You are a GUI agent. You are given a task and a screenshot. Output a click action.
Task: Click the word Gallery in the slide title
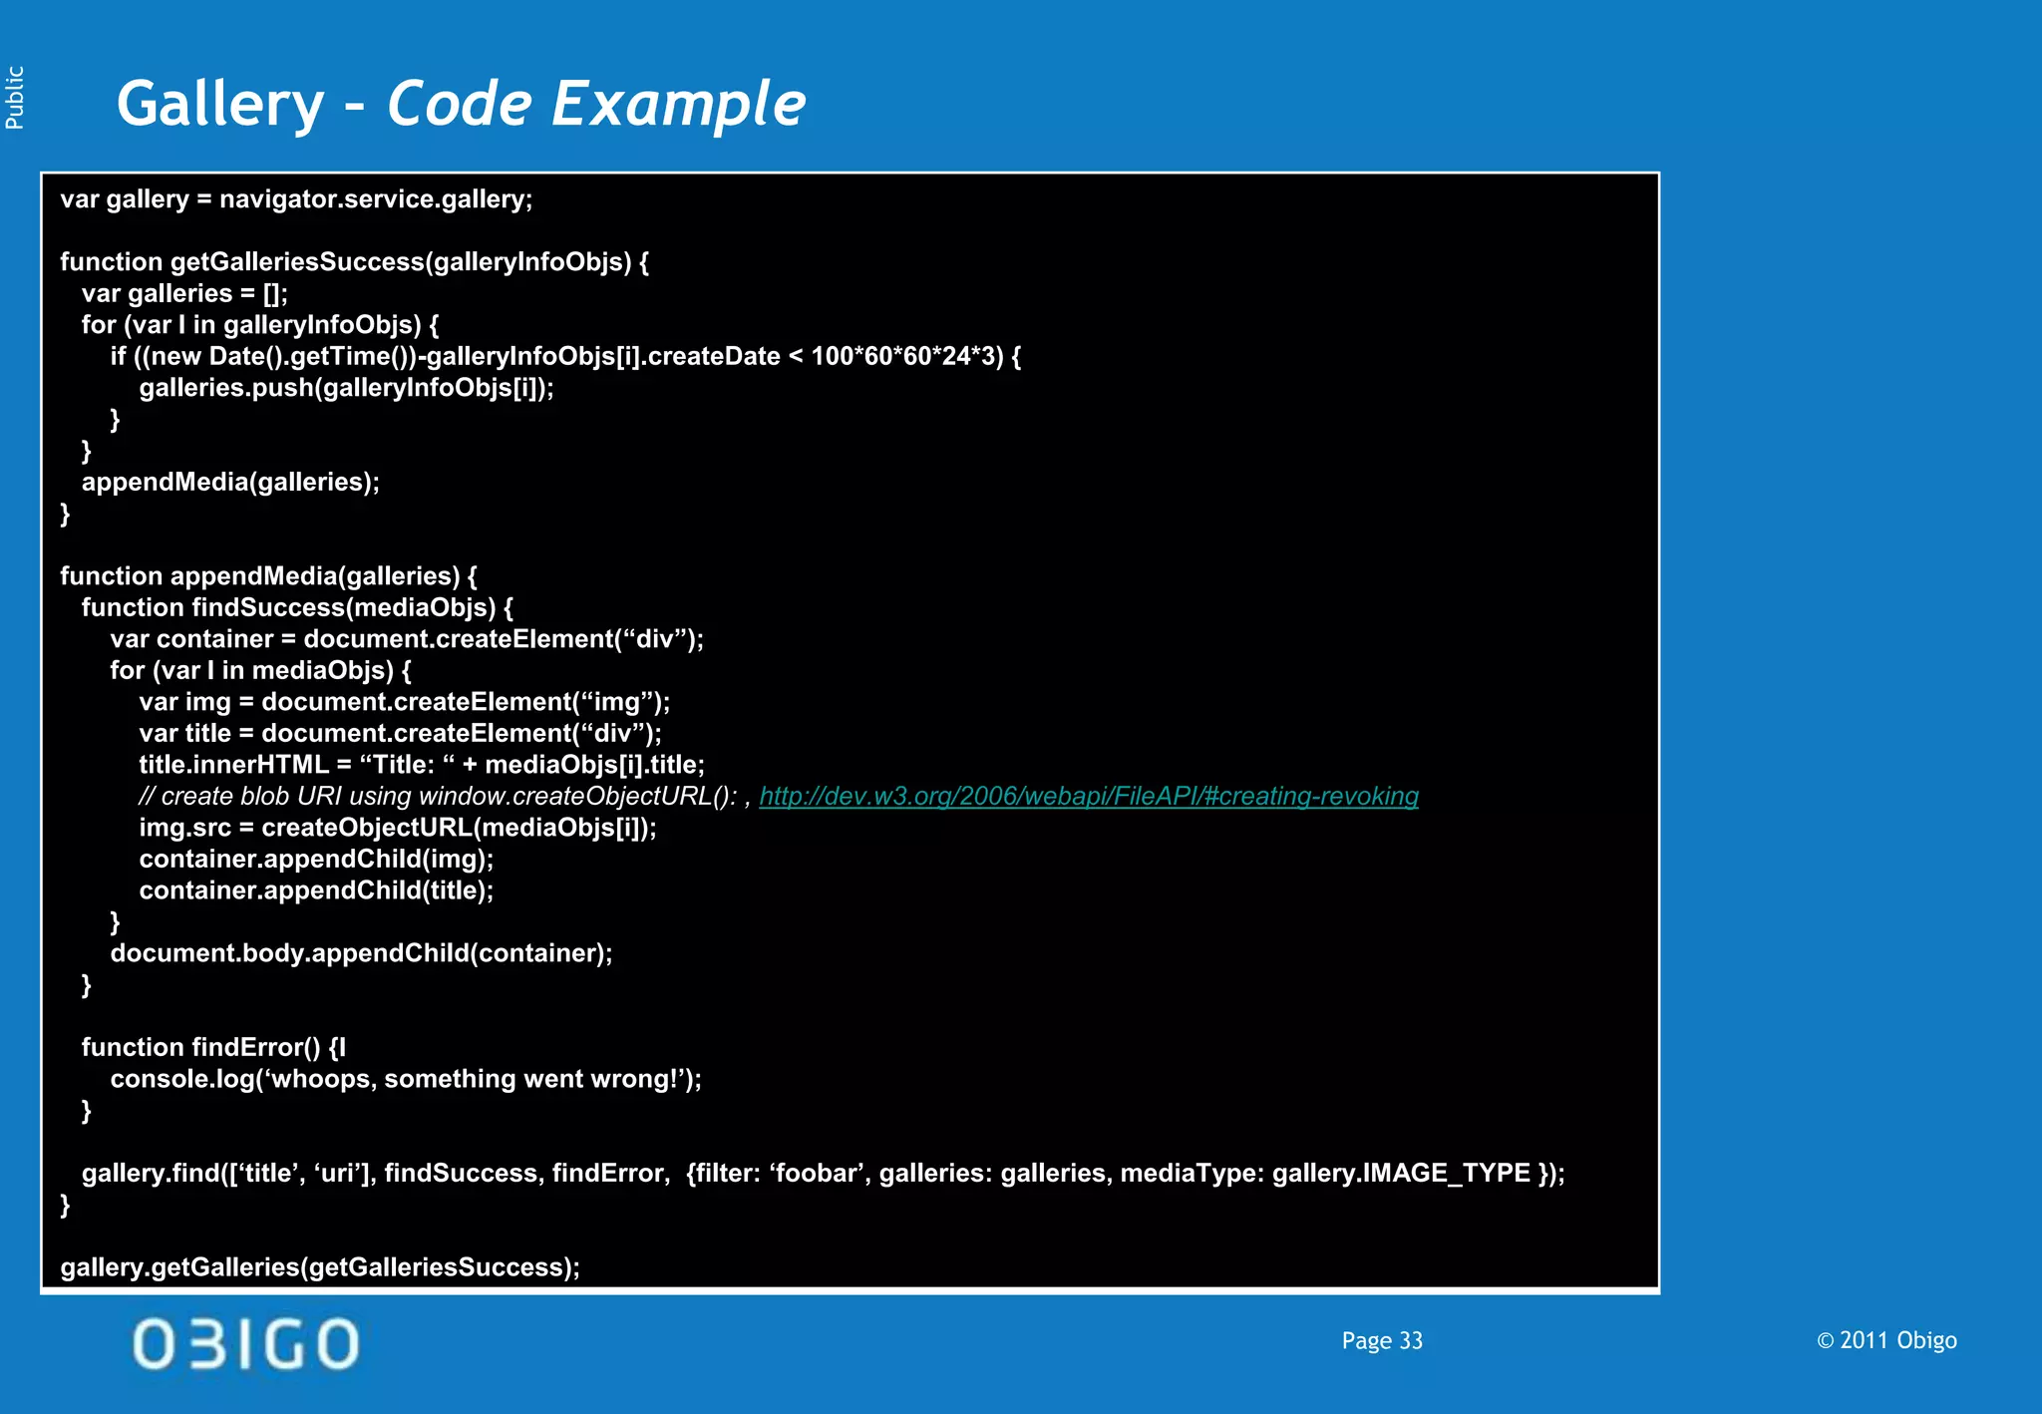pyautogui.click(x=220, y=105)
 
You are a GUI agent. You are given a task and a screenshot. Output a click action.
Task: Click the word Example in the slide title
pyautogui.click(x=678, y=105)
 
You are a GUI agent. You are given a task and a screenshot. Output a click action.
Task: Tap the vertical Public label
pyautogui.click(x=15, y=97)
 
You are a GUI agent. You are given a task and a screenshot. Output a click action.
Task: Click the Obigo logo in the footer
pyautogui.click(x=246, y=1343)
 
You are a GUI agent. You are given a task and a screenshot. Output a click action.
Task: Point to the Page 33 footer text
pyautogui.click(x=1382, y=1341)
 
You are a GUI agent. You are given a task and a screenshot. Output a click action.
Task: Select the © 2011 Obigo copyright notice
pyautogui.click(x=1886, y=1340)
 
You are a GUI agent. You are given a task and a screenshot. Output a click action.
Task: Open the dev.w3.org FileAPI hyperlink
pyautogui.click(x=1089, y=796)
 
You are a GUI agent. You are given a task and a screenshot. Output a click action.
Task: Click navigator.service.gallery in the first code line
pyautogui.click(x=376, y=199)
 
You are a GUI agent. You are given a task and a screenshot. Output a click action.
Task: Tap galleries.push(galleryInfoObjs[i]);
pyautogui.click(x=346, y=388)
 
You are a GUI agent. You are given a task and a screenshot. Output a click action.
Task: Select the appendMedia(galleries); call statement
pyautogui.click(x=230, y=483)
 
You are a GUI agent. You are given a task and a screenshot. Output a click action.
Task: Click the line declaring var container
pyautogui.click(x=407, y=639)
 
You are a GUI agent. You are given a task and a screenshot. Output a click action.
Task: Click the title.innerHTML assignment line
pyautogui.click(x=422, y=765)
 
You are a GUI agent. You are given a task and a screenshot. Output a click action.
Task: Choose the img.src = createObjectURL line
pyautogui.click(x=398, y=828)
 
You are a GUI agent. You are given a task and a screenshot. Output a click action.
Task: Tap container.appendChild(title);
pyautogui.click(x=316, y=890)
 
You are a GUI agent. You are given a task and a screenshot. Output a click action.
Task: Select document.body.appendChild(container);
pyautogui.click(x=361, y=953)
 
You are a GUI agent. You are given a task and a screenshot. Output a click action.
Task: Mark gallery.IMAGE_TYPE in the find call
pyautogui.click(x=1401, y=1173)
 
